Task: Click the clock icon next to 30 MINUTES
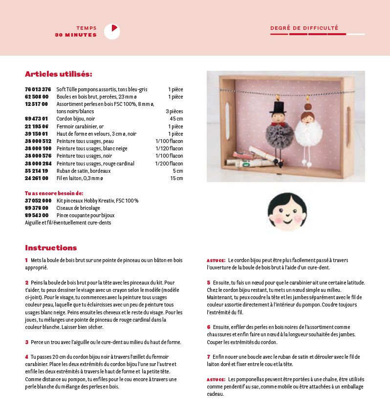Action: click(112, 32)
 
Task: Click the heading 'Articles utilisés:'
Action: click(58, 74)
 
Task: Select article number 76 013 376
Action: click(38, 89)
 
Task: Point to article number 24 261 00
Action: click(36, 178)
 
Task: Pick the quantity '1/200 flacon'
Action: click(169, 164)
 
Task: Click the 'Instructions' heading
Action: click(51, 248)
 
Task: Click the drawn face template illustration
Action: click(287, 211)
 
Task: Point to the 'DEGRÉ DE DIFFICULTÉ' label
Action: click(304, 28)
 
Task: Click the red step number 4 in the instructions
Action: click(26, 357)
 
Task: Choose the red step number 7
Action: click(208, 357)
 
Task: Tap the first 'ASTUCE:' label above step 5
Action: click(216, 261)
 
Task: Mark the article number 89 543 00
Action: click(36, 215)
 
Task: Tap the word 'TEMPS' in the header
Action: click(87, 28)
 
